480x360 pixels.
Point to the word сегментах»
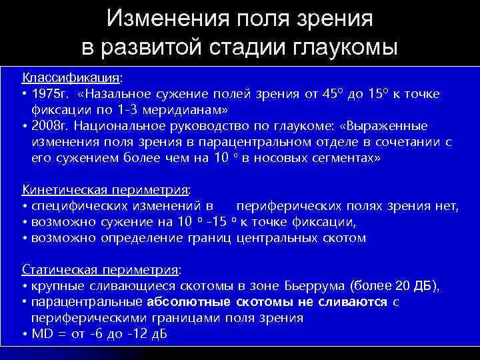[338, 157]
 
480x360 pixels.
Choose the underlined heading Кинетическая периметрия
[105, 189]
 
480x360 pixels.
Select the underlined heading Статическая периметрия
[100, 270]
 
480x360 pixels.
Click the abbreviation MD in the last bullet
[41, 334]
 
